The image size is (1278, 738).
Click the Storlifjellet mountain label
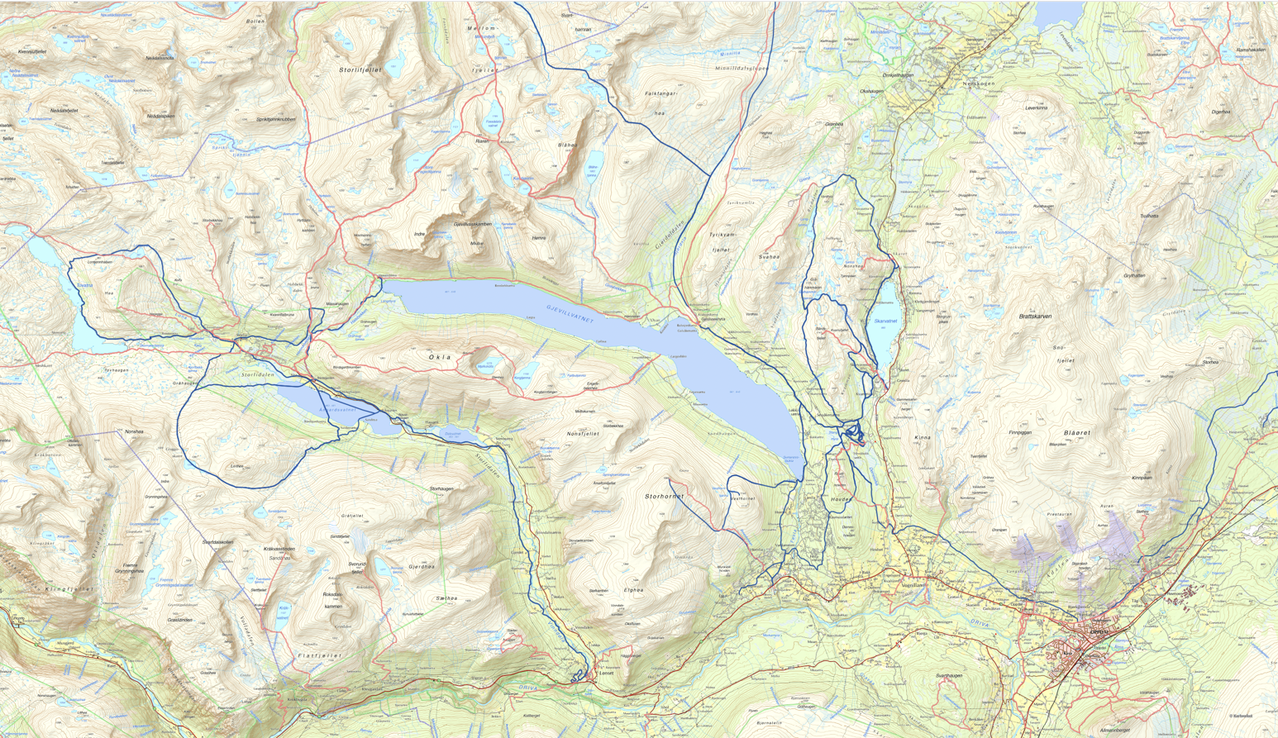tap(360, 71)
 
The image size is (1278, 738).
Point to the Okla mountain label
tap(440, 357)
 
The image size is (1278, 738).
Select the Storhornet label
tap(664, 497)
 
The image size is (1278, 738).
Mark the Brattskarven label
tap(1035, 317)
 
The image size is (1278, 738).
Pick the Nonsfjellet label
tap(583, 434)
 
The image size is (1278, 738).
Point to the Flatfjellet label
tap(319, 655)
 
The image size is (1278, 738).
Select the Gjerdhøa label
tap(421, 567)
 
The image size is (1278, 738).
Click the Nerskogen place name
tap(979, 83)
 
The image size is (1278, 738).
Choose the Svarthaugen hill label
tap(949, 676)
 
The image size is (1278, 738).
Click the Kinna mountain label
tap(923, 437)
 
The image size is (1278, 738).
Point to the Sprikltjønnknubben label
tap(275, 119)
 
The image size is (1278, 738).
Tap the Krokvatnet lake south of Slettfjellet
tap(284, 610)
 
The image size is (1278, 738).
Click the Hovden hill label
tap(840, 499)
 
